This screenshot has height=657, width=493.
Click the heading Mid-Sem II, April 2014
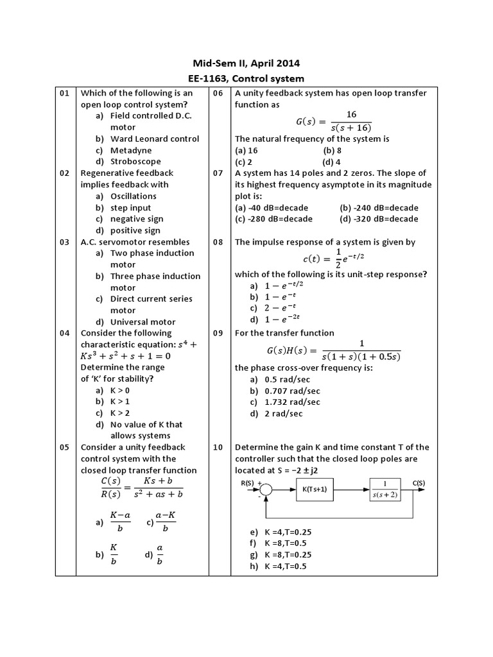246,63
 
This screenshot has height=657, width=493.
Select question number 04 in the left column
65,333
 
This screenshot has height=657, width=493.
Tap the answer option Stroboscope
135,162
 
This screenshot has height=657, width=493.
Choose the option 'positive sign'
135,230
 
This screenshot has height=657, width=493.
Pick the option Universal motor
143,322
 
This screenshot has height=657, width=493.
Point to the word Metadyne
131,150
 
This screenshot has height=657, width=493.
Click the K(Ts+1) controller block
315,490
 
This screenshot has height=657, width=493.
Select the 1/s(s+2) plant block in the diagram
385,490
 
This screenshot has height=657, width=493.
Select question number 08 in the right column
218,242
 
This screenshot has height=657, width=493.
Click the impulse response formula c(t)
333,259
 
